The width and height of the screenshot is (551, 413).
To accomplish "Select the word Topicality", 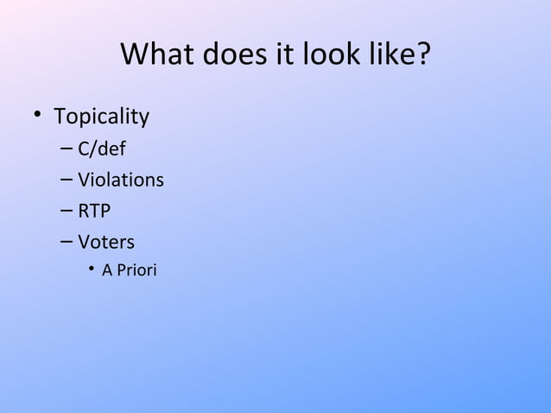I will tap(101, 117).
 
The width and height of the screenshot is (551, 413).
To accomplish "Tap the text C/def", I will tap(102, 149).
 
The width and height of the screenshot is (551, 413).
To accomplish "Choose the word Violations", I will tap(120, 181).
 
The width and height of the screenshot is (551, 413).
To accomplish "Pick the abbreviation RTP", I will tap(94, 211).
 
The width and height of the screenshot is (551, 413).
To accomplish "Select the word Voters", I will tap(106, 242).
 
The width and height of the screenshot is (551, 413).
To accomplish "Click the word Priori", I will tap(136, 270).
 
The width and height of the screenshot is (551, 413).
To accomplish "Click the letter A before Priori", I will tap(107, 270).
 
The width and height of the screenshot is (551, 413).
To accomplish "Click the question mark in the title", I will tap(422, 54).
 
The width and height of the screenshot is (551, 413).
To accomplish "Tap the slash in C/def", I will tap(92, 149).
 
